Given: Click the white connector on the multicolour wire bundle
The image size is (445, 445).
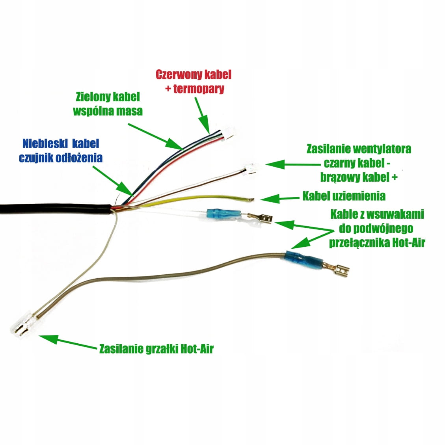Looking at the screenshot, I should pyautogui.click(x=227, y=135).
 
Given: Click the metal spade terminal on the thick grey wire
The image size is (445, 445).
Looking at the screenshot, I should pyautogui.click(x=337, y=270).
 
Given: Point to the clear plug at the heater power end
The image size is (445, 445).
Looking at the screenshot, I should pyautogui.click(x=22, y=323).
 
